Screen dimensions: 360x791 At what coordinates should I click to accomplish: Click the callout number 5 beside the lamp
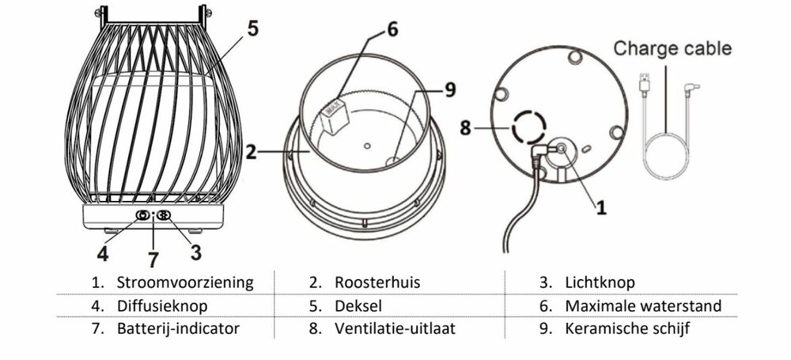click(x=251, y=28)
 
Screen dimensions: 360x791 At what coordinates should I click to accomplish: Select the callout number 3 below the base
click(x=195, y=253)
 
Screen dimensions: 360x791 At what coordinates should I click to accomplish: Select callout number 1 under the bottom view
click(x=601, y=208)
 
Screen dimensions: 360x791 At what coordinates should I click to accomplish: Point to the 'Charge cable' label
click(x=672, y=49)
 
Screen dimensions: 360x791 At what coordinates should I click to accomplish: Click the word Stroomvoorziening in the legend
click(x=185, y=282)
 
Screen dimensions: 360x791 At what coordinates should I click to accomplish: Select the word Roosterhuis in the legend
click(x=377, y=282)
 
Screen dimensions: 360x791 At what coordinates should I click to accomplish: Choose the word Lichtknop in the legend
click(x=600, y=282)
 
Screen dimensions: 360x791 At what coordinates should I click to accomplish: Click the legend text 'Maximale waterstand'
click(x=642, y=305)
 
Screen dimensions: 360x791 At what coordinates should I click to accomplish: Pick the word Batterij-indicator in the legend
click(x=178, y=328)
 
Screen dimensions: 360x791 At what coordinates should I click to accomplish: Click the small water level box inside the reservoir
click(x=335, y=116)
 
